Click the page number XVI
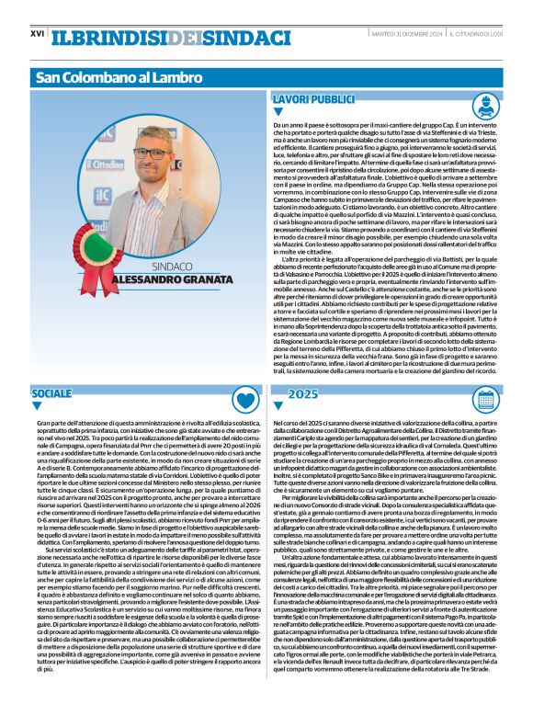pyautogui.click(x=38, y=33)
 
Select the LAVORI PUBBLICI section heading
pyautogui.click(x=312, y=97)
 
